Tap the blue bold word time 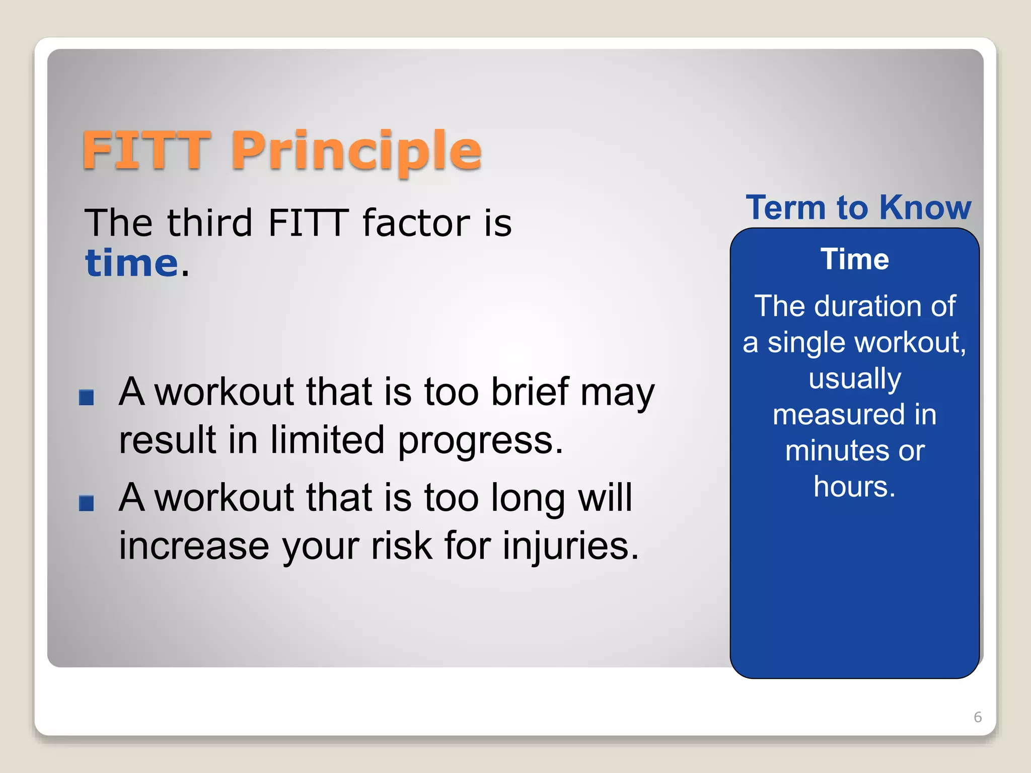[132, 263]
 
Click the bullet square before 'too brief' [87, 398]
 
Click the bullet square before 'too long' [87, 503]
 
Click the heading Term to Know [858, 207]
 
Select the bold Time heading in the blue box [855, 260]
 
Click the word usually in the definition [855, 379]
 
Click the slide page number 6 [978, 717]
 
